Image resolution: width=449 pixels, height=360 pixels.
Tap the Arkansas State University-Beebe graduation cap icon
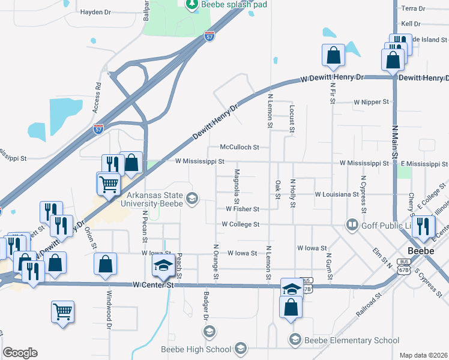[192, 198]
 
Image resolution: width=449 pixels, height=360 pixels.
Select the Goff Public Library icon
[352, 225]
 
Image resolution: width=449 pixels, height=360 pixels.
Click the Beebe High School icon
[240, 349]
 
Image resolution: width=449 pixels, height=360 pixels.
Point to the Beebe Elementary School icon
[295, 340]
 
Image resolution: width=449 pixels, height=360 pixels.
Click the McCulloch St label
[239, 146]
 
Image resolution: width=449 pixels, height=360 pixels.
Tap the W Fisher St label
[242, 209]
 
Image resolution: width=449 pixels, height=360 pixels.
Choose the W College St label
[240, 224]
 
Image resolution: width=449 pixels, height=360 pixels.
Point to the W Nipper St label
[372, 103]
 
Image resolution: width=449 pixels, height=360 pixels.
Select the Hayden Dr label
[96, 12]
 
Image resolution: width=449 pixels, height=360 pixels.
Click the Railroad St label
[369, 305]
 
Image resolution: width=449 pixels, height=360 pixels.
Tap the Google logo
[20, 353]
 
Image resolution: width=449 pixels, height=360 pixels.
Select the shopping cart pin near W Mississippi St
[108, 184]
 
